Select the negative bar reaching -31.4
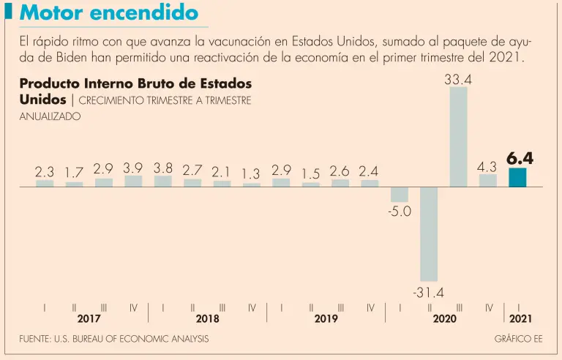429,234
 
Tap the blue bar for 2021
518,178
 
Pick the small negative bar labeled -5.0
400,194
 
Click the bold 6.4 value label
520,158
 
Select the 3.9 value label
133,168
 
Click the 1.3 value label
251,174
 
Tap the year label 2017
89,320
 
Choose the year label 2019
326,320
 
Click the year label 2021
520,320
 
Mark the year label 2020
444,320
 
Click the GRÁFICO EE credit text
519,339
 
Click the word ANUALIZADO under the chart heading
50,116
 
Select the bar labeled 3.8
163,181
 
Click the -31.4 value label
428,293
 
